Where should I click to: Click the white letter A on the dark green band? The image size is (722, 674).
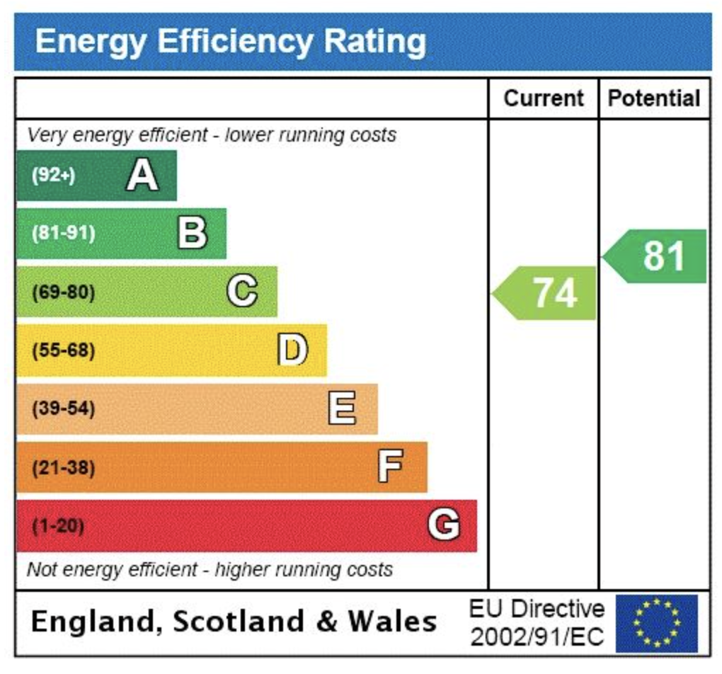142,176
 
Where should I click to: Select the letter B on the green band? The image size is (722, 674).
192,234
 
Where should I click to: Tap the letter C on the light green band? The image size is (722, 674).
242,292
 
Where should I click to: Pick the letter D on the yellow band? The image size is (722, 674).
292,350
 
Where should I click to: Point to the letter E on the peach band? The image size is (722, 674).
342,409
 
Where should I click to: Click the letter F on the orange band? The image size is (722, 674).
391,467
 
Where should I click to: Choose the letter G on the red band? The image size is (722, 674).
444,526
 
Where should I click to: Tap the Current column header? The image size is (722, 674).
544,98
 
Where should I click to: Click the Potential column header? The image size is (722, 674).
654,98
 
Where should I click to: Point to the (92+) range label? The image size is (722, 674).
53,176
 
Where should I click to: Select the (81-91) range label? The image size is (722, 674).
63,234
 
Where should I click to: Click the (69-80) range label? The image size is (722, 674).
63,292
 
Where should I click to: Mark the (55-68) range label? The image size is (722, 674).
63,350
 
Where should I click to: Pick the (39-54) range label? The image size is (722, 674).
63,409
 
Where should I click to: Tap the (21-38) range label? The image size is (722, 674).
63,467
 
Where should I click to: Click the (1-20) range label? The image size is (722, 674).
58,526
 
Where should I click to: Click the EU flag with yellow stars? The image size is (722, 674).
656,623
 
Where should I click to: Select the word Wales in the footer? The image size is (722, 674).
392,622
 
